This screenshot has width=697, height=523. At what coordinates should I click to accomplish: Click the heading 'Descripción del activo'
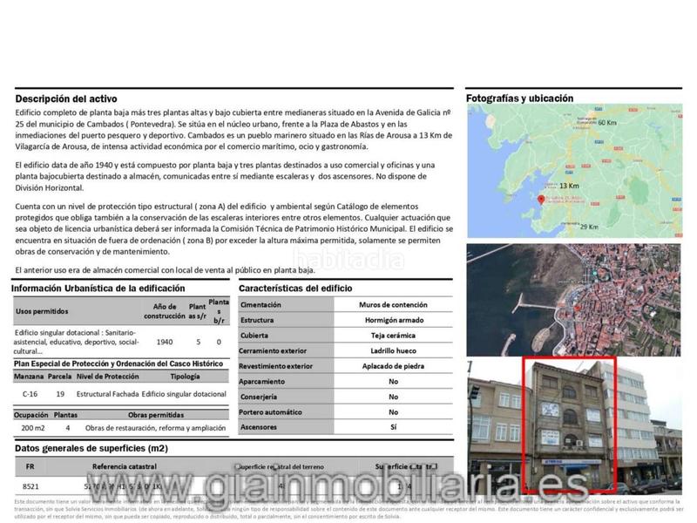pos(66,99)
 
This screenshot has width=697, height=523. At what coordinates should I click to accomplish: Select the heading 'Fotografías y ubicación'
pos(519,98)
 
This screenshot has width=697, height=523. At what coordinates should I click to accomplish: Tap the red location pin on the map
pos(542,199)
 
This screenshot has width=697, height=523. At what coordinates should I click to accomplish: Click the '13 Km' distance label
pos(568,186)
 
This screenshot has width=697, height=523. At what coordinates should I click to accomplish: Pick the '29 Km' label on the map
pos(590,228)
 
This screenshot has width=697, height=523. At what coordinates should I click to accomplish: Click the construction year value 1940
pos(165,343)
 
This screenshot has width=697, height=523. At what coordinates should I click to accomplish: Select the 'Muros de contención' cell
pos(393,305)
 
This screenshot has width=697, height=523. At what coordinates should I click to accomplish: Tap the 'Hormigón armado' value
pos(393,320)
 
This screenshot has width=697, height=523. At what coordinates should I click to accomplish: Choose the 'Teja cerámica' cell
pos(393,335)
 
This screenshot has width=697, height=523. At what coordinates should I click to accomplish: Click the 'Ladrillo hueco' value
pos(393,350)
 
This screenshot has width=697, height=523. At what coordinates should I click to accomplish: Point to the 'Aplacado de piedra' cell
pos(393,366)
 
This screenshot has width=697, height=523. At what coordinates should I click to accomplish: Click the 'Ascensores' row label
pos(259,427)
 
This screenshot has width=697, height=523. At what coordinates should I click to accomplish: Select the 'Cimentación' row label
pos(261,305)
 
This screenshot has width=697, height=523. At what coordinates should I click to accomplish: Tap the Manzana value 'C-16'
pos(30,394)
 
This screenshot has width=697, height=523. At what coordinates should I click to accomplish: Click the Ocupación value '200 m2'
pos(33,428)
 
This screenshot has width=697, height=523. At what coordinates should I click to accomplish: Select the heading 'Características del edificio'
pos(294,288)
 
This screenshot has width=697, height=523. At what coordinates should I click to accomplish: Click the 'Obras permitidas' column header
pos(156,416)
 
